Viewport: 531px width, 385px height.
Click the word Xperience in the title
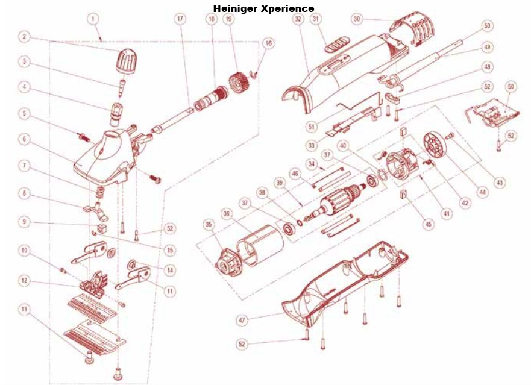click(287, 8)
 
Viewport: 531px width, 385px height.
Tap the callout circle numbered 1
click(92, 19)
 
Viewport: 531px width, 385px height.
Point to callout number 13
click(24, 309)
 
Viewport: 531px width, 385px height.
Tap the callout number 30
click(357, 19)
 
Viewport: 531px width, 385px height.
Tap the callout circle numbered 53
click(487, 27)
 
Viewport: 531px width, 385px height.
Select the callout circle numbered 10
click(24, 249)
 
